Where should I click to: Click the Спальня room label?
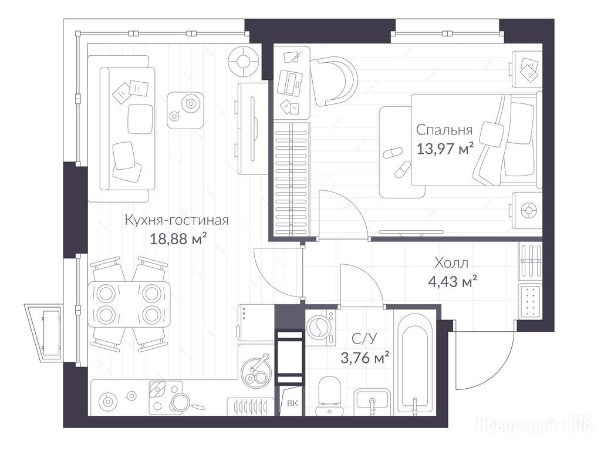tap(444, 130)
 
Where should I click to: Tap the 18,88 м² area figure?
tap(178, 239)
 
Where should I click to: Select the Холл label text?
tap(451, 263)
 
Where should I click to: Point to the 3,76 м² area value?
tap(365, 358)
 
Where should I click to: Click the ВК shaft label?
tap(292, 403)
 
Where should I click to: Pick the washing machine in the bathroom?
tap(320, 328)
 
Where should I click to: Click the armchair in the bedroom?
tap(333, 81)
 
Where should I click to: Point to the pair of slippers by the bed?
tap(397, 161)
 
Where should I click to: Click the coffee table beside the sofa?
tap(185, 110)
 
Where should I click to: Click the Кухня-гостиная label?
tap(177, 221)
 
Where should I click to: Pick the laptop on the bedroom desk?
tap(291, 82)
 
